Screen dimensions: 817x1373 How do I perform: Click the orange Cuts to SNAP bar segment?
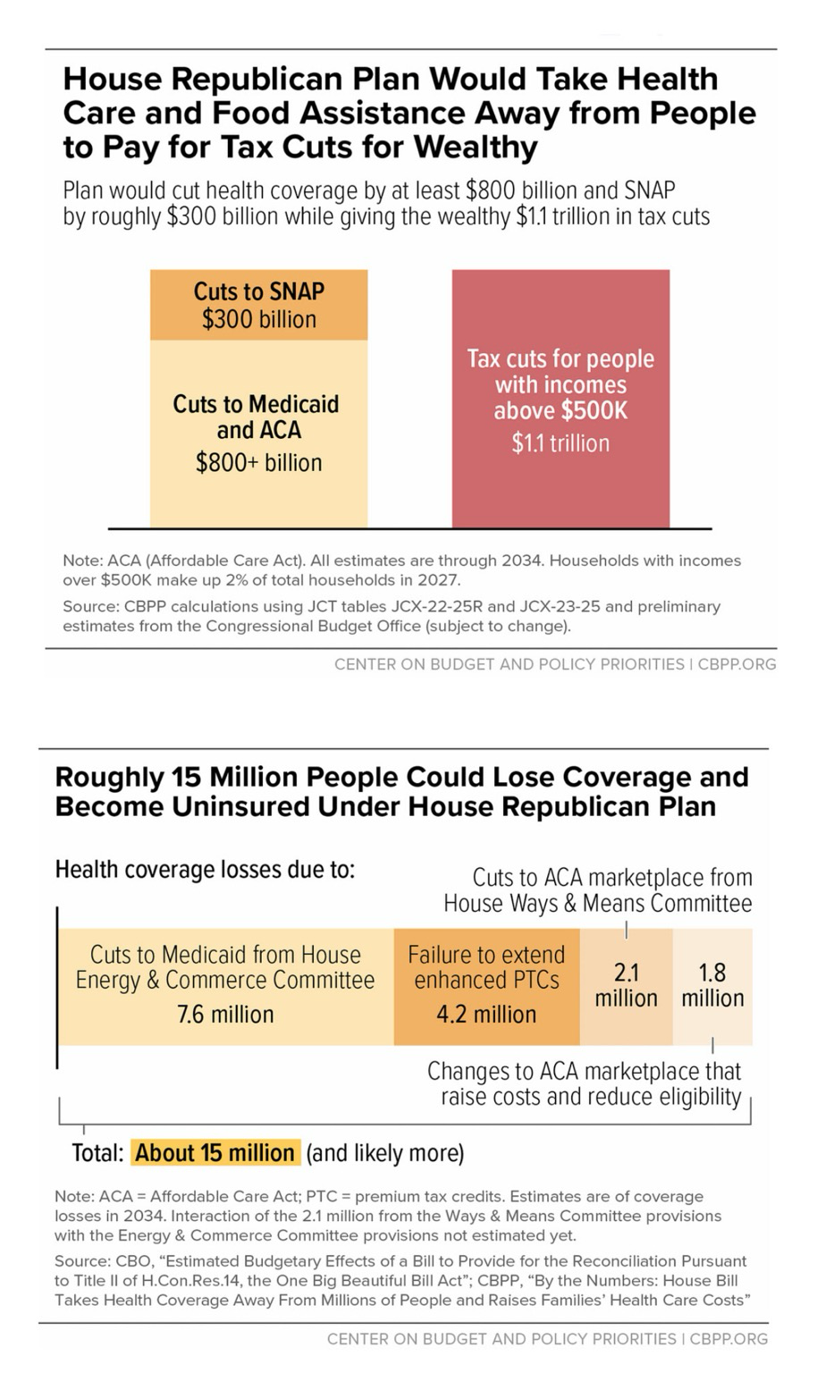[x=258, y=305]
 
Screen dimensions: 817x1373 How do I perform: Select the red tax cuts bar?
[x=560, y=399]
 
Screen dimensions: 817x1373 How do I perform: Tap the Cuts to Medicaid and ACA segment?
[x=258, y=434]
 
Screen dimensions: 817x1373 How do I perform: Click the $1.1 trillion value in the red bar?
[x=560, y=443]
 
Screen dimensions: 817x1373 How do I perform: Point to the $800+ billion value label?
[x=258, y=463]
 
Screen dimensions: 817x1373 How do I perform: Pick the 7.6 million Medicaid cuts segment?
[x=226, y=986]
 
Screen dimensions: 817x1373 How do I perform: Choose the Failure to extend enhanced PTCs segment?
[x=486, y=986]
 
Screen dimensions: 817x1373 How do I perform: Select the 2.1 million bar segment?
[x=626, y=986]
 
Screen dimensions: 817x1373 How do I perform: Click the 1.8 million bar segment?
[x=712, y=986]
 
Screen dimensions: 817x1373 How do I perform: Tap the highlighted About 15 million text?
[x=215, y=1153]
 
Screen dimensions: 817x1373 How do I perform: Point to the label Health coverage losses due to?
[x=205, y=870]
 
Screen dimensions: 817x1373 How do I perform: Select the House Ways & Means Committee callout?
[x=598, y=890]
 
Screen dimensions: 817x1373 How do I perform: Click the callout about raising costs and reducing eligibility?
[x=585, y=1083]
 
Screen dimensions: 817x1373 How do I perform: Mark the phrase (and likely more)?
[x=385, y=1154]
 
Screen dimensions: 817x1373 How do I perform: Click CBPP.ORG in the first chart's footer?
[x=737, y=664]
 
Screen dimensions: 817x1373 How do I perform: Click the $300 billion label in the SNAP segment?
[x=259, y=319]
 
